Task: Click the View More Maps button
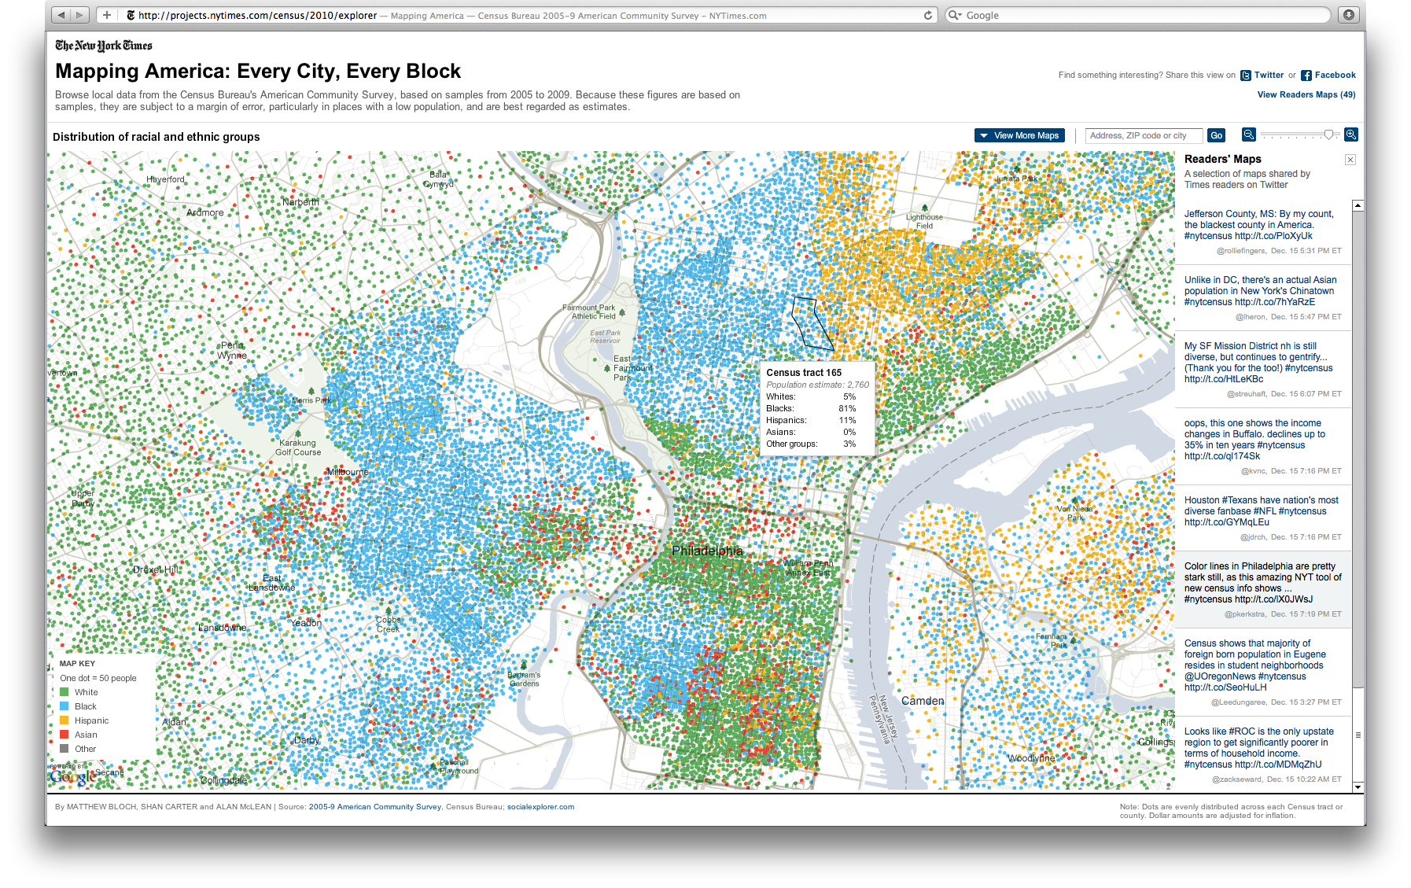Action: [1019, 135]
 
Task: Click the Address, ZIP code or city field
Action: [1144, 135]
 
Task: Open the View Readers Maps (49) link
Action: [1306, 94]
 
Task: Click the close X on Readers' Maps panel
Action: [1350, 160]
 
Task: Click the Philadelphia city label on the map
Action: [706, 551]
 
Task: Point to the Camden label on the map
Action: [923, 701]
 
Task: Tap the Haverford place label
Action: [165, 179]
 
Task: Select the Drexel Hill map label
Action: [156, 569]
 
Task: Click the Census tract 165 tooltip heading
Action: [804, 373]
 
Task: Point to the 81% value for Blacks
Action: [847, 408]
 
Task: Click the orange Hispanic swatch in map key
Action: [64, 720]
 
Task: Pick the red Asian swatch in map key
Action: [64, 735]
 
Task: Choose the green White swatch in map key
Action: [64, 692]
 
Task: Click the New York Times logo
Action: [104, 46]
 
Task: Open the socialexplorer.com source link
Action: [540, 807]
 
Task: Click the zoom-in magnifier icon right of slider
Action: [1350, 134]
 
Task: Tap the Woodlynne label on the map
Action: [1031, 758]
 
